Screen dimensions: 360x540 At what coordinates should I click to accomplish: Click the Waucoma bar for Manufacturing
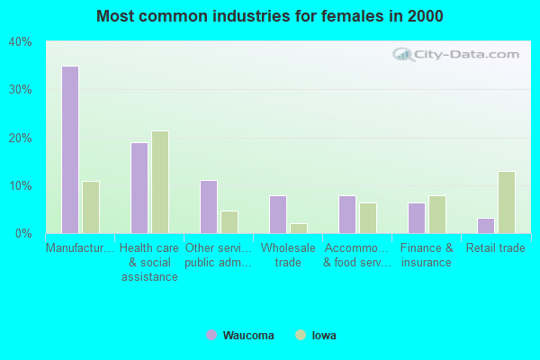pos(69,149)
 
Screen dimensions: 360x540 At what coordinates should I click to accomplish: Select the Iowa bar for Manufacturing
pos(91,207)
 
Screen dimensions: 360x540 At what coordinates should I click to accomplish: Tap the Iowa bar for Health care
pos(160,182)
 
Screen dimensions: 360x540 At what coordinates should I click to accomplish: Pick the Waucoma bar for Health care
pos(139,187)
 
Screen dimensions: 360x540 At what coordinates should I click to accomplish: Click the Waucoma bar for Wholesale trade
pos(278,214)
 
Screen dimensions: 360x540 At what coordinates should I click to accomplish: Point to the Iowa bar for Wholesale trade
pos(299,228)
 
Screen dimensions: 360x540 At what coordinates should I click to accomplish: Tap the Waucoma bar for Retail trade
pos(486,225)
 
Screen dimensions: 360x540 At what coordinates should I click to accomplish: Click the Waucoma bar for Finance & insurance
pos(417,218)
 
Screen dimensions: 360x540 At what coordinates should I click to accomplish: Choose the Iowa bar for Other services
pos(229,221)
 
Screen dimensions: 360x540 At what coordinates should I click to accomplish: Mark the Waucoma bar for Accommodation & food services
pos(347,214)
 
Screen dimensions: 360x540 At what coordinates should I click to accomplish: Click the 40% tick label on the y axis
pos(21,41)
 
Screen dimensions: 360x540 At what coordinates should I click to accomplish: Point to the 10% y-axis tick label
pos(21,185)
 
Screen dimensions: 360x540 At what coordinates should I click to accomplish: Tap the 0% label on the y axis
pos(23,233)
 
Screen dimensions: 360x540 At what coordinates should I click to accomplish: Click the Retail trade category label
pos(494,248)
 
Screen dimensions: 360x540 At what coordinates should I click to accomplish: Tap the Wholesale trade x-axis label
pos(288,255)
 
